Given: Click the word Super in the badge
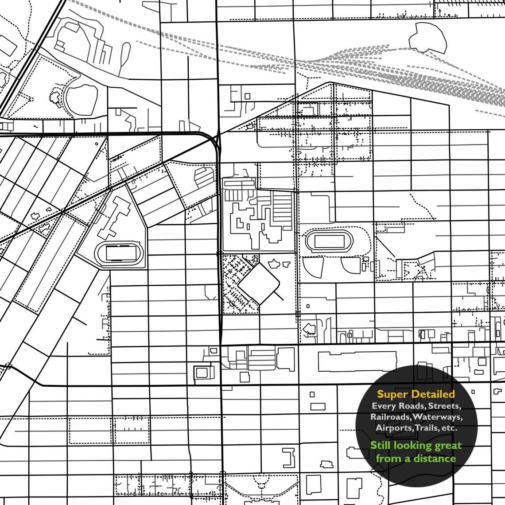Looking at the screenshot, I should [392, 394].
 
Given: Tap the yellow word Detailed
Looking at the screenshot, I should [433, 394].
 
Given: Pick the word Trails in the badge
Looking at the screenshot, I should [427, 428].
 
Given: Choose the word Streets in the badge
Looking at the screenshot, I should [445, 406].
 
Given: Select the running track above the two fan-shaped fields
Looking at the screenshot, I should [329, 241].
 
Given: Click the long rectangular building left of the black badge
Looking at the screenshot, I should [357, 361].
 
